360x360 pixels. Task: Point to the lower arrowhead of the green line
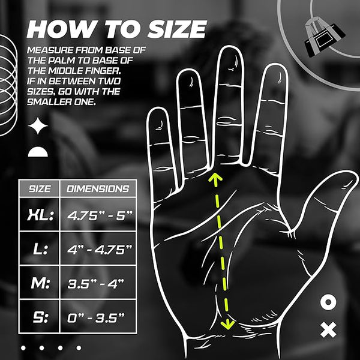coord(227,325)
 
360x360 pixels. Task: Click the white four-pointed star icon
coord(39,127)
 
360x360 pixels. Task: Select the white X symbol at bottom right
coord(328,329)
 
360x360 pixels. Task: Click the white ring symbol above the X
coord(328,302)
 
